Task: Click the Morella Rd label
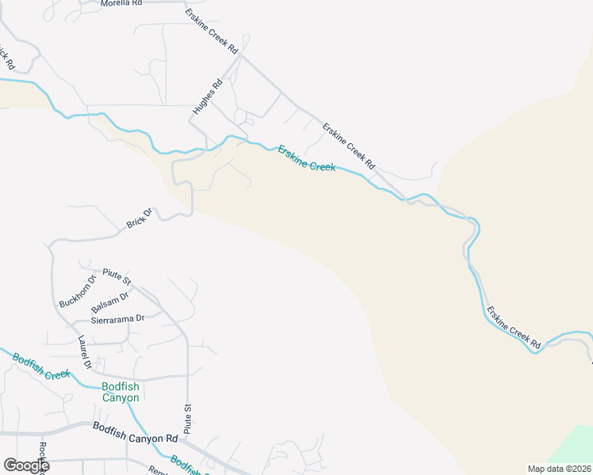coord(121,4)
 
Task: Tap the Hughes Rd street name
coord(209,96)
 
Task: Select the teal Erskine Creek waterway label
coord(306,158)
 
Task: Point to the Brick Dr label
coord(139,218)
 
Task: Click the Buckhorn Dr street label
coord(78,291)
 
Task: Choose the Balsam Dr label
coord(109,302)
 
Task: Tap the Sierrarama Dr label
coord(119,318)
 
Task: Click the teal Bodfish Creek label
coord(41,365)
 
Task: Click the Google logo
coord(26,465)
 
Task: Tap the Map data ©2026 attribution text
coord(559,469)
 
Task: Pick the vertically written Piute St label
coord(188,417)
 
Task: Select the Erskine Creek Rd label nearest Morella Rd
coord(212,31)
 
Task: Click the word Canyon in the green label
coord(121,397)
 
